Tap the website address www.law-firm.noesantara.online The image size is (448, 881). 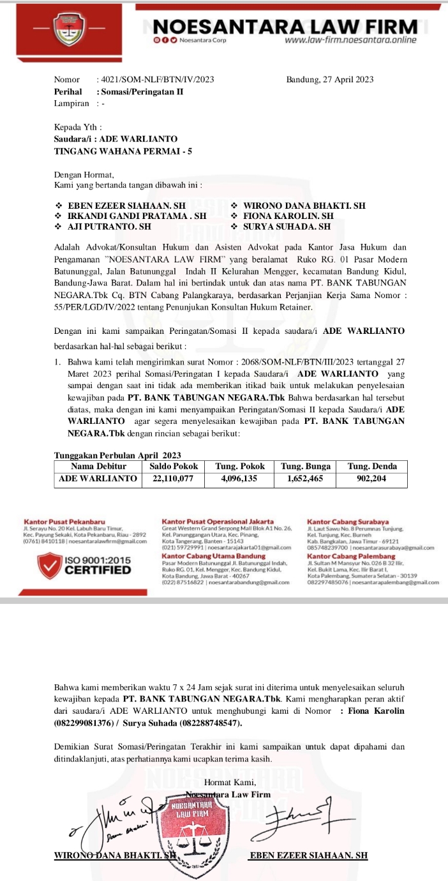coord(350,40)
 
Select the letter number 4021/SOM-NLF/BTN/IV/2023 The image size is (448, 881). coord(155,80)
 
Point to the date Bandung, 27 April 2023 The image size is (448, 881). coord(330,80)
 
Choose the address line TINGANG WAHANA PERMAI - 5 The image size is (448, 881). coord(123,151)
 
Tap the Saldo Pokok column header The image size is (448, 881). coord(174,466)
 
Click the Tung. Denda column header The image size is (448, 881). coord(372,466)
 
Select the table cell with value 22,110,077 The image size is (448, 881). coord(174,478)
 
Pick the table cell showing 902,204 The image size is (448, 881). coord(372,478)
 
